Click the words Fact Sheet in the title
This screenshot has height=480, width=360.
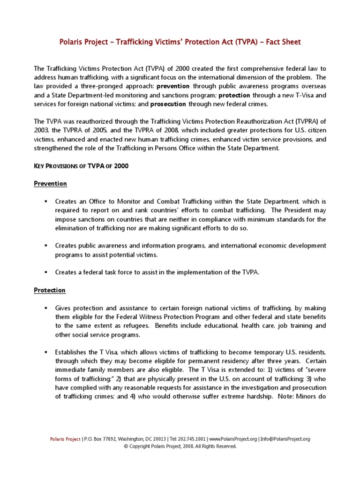click(283, 42)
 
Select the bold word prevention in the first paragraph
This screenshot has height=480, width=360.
click(173, 87)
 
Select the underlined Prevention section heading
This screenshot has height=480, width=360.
click(50, 183)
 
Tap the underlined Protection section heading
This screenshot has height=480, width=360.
click(50, 290)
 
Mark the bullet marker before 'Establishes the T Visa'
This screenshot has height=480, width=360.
click(46, 352)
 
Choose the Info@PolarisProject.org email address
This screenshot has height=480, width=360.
click(285, 439)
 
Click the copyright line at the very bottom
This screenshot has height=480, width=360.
click(180, 447)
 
